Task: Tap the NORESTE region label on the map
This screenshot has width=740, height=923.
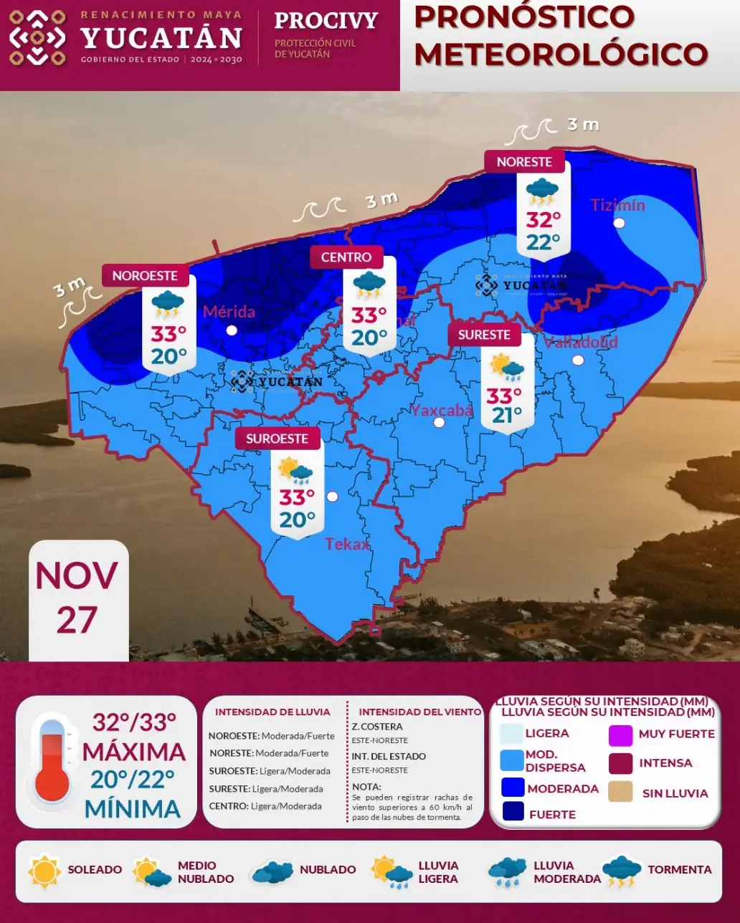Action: pyautogui.click(x=524, y=162)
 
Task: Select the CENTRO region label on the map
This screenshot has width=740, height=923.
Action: pyautogui.click(x=346, y=257)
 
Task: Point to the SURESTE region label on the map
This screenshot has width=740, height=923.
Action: pyautogui.click(x=485, y=335)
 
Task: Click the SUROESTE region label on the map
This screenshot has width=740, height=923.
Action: pyautogui.click(x=277, y=439)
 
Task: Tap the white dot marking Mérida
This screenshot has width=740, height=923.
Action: pyautogui.click(x=232, y=330)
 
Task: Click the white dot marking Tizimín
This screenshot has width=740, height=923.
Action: pyautogui.click(x=620, y=223)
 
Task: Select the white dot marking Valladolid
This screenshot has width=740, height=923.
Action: pyautogui.click(x=578, y=360)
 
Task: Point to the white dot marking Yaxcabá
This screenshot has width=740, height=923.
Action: pyautogui.click(x=440, y=422)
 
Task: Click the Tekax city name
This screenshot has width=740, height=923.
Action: pyautogui.click(x=347, y=544)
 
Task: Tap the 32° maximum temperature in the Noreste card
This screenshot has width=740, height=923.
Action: pyautogui.click(x=543, y=219)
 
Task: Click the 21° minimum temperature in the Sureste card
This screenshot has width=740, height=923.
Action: pyautogui.click(x=507, y=415)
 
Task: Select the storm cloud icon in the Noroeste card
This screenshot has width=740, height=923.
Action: pyautogui.click(x=168, y=303)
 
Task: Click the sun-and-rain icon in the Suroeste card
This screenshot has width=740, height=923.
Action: pyautogui.click(x=296, y=471)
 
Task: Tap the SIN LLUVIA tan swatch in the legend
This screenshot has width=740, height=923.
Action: pyautogui.click(x=620, y=792)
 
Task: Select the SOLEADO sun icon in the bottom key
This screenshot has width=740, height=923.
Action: pyautogui.click(x=44, y=871)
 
